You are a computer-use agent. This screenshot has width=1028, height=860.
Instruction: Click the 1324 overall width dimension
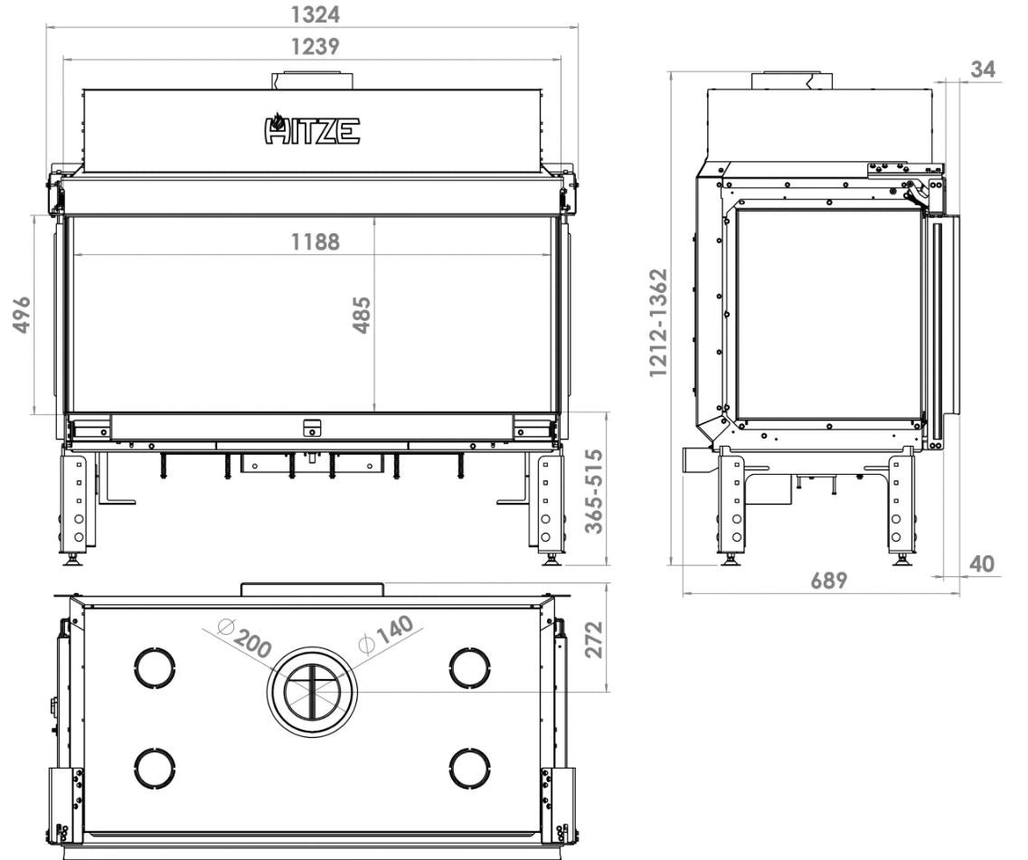coord(316,14)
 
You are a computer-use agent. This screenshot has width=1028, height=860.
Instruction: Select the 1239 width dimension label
coord(316,46)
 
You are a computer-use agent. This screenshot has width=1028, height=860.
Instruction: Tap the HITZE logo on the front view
coord(312,128)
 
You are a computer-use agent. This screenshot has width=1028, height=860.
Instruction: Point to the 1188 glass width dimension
coord(316,241)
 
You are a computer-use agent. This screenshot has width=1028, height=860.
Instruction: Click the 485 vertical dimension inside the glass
coord(362,316)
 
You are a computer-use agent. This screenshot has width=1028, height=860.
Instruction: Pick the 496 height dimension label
coord(22,315)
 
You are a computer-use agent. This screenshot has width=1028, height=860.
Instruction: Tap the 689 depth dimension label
coord(829,581)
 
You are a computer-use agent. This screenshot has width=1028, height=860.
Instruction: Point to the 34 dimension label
coord(982,69)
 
